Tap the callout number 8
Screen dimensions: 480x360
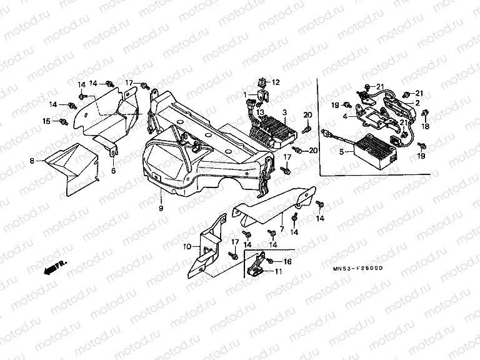click(x=32, y=161)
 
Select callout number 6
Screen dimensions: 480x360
click(x=113, y=170)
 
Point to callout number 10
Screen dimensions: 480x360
click(x=186, y=247)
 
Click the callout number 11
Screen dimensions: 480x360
click(x=278, y=271)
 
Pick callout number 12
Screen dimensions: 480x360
click(x=276, y=82)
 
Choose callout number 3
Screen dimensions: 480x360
click(x=284, y=112)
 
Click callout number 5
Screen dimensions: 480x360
click(x=342, y=151)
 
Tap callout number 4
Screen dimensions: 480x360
click(x=344, y=116)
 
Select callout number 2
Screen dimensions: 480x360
click(x=417, y=102)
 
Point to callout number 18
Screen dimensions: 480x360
click(x=426, y=126)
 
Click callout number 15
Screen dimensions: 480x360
click(x=46, y=121)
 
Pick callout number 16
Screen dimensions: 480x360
click(x=288, y=261)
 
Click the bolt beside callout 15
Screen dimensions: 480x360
click(x=64, y=120)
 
